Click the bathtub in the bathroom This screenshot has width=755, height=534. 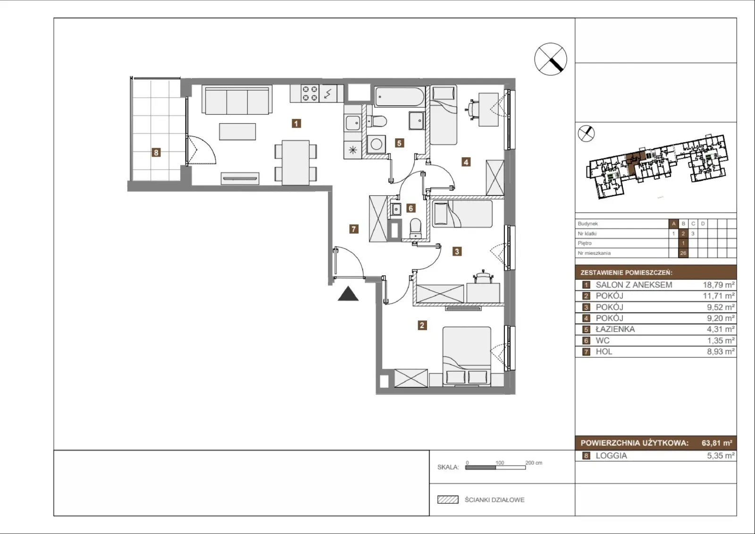pyautogui.click(x=400, y=97)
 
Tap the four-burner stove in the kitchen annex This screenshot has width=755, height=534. pyautogui.click(x=310, y=93)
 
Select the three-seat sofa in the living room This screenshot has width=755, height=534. pyautogui.click(x=237, y=100)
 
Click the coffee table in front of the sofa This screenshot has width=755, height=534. pyautogui.click(x=237, y=132)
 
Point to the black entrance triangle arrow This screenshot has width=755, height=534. pyautogui.click(x=348, y=294)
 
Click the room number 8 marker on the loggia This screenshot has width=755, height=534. pyautogui.click(x=156, y=153)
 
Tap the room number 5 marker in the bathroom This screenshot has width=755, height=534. pyautogui.click(x=399, y=143)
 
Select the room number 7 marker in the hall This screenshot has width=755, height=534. pyautogui.click(x=353, y=229)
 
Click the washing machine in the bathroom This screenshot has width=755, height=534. pyautogui.click(x=376, y=144)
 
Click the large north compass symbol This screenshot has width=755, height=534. pyautogui.click(x=551, y=59)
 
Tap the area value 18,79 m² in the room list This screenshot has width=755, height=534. pyautogui.click(x=719, y=285)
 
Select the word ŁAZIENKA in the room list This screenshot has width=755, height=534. pyautogui.click(x=615, y=329)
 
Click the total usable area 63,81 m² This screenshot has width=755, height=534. pyautogui.click(x=717, y=443)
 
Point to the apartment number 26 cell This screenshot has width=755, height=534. pyautogui.click(x=683, y=253)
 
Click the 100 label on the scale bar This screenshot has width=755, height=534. pyautogui.click(x=500, y=463)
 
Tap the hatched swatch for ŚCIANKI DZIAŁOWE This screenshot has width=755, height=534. pyautogui.click(x=448, y=500)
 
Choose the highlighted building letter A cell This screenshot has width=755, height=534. pyautogui.click(x=673, y=224)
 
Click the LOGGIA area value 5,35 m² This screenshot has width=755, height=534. pyautogui.click(x=721, y=456)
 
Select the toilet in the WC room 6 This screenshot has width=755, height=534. pyautogui.click(x=416, y=228)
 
